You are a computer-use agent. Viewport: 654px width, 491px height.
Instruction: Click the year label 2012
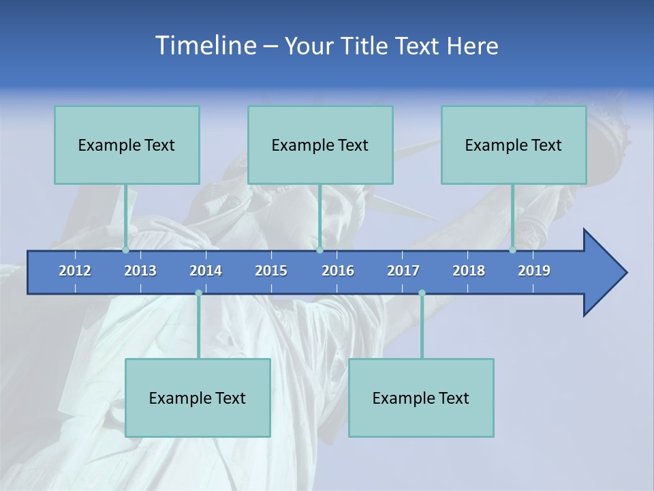click(75, 271)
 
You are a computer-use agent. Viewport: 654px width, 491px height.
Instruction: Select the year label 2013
click(140, 271)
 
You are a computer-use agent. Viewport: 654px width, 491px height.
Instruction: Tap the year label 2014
click(206, 271)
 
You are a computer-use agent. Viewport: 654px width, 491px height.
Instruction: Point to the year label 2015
click(271, 271)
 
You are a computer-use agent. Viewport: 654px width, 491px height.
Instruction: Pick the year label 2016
click(338, 271)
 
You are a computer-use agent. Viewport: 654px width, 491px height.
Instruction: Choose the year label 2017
click(403, 271)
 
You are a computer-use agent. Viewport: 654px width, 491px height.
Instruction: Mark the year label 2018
click(469, 271)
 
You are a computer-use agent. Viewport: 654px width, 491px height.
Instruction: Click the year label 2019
click(534, 271)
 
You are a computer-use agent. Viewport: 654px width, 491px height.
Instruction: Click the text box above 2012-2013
click(127, 145)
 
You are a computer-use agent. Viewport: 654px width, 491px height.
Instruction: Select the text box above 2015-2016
click(320, 145)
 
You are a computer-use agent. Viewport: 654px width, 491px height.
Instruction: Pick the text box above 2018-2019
click(514, 145)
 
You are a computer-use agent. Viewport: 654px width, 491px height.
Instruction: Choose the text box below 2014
click(198, 398)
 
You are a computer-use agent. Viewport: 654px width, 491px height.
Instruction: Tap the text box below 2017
click(421, 398)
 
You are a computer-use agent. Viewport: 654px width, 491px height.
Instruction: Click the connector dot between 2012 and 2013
click(125, 250)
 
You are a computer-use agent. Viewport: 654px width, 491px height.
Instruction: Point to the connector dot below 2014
click(198, 293)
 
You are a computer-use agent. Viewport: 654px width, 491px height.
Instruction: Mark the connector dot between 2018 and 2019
click(512, 250)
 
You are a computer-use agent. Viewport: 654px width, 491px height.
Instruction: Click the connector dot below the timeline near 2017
click(422, 293)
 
